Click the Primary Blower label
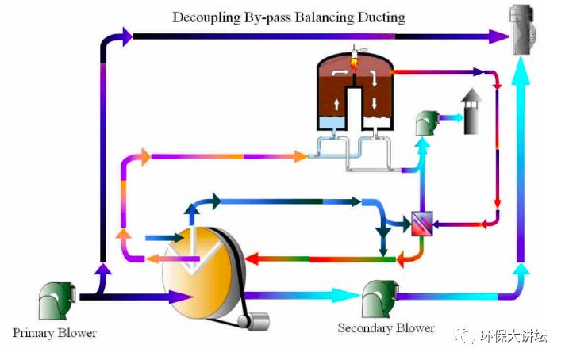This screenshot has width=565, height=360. click(55, 332)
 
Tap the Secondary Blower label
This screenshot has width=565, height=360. click(386, 327)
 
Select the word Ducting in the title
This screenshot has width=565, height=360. click(379, 17)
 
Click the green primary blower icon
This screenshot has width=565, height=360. click(57, 298)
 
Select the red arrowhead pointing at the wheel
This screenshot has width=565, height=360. click(252, 259)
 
